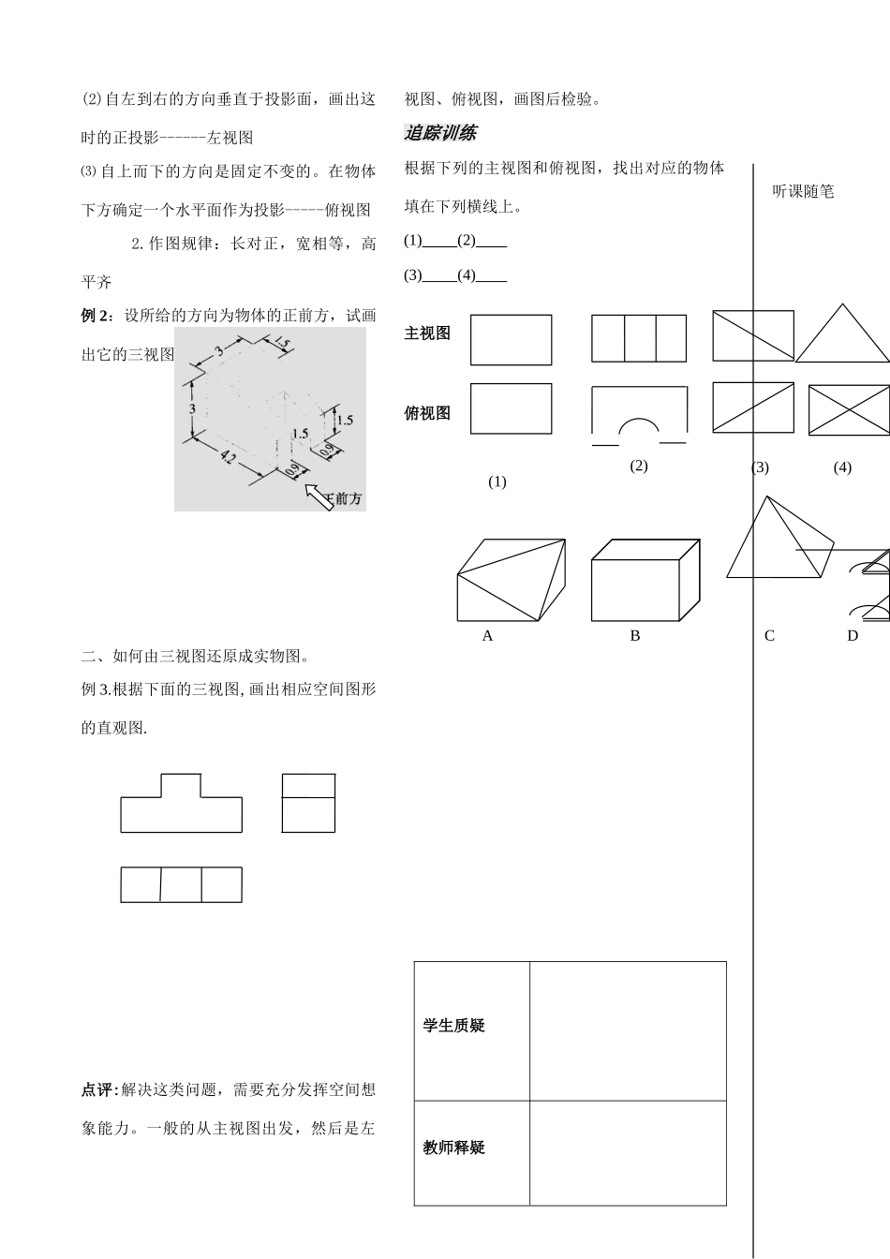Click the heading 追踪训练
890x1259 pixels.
pyautogui.click(x=439, y=133)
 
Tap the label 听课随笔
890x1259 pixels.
pyautogui.click(x=803, y=191)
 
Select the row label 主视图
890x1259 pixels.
pyautogui.click(x=427, y=333)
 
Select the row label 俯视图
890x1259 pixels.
pyautogui.click(x=427, y=413)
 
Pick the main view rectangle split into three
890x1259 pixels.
pyautogui.click(x=638, y=338)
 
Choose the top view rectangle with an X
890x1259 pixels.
pyautogui.click(x=849, y=410)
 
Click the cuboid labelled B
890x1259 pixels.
pyautogui.click(x=645, y=579)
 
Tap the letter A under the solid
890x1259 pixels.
pyautogui.click(x=487, y=636)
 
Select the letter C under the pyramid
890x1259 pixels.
pyautogui.click(x=769, y=636)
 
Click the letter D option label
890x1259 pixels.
pyautogui.click(x=853, y=636)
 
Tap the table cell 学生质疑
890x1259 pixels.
pyautogui.click(x=453, y=1026)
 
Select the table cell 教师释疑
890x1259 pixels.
pyautogui.click(x=453, y=1148)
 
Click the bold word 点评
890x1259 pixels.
pyautogui.click(x=97, y=1090)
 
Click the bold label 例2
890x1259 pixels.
pyautogui.click(x=96, y=316)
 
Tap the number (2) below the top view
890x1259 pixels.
pyautogui.click(x=638, y=466)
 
